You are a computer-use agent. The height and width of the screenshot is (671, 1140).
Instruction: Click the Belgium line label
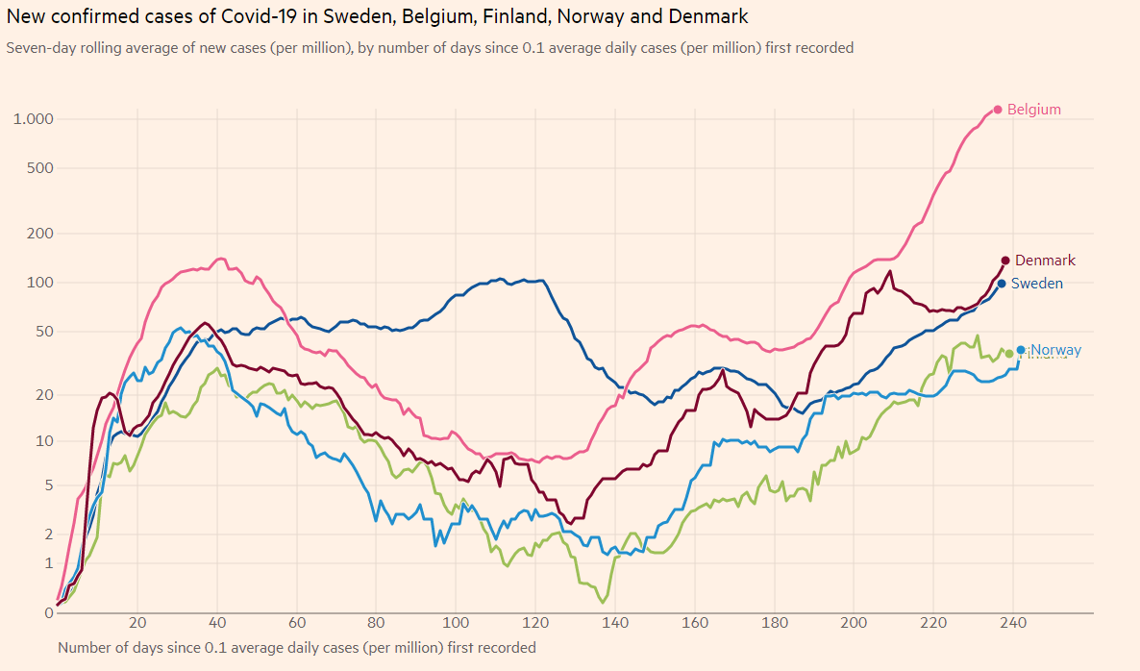tap(1034, 110)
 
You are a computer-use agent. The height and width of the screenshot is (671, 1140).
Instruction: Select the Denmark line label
tap(1045, 261)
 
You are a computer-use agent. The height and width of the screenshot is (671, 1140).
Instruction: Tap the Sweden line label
tap(1037, 284)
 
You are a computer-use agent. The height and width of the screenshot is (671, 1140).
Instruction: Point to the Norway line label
tap(1056, 350)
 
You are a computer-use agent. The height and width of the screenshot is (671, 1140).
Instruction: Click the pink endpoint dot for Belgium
tap(998, 110)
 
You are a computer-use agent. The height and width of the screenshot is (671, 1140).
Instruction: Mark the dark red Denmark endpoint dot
tap(1005, 261)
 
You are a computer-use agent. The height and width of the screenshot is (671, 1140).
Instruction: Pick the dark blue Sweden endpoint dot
tap(1002, 284)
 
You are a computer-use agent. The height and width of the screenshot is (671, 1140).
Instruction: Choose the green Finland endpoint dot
tap(1009, 354)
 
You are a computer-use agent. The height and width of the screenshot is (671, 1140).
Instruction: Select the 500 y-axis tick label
tap(39, 168)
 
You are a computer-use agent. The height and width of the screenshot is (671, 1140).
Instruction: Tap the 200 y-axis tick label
tap(39, 234)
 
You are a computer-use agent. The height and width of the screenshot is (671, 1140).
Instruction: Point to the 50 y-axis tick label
tap(43, 332)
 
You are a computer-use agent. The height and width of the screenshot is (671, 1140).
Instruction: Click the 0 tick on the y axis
tap(48, 612)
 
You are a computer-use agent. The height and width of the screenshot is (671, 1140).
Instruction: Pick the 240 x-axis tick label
tap(1013, 622)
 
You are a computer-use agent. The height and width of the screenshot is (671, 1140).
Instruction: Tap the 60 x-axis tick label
tap(297, 622)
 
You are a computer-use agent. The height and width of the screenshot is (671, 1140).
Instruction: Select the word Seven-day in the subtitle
tap(38, 48)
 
